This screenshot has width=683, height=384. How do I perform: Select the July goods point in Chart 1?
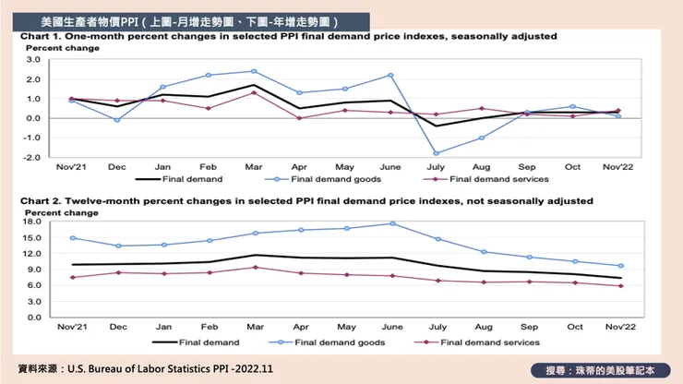click(x=437, y=153)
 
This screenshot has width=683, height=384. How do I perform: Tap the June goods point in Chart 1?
click(x=390, y=75)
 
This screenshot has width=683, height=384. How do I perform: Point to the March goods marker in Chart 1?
click(x=254, y=71)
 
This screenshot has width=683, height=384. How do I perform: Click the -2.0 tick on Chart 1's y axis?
click(x=32, y=157)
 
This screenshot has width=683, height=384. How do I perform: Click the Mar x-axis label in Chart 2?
click(x=255, y=328)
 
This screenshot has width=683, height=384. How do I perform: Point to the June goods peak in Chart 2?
click(x=392, y=223)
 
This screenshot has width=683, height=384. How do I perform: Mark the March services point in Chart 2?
click(x=255, y=268)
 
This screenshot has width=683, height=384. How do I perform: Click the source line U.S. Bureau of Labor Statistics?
click(x=166, y=368)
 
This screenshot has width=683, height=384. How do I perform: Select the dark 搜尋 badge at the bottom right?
click(x=601, y=369)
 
